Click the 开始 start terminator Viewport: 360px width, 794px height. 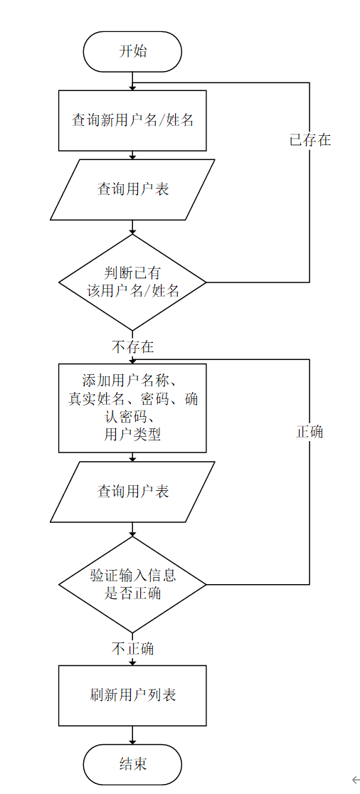[132, 52]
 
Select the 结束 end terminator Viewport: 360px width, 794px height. [132, 764]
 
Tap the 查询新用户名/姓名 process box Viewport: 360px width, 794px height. [132, 120]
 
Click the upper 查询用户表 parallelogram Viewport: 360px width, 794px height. [132, 189]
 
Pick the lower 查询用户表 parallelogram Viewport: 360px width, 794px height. [132, 491]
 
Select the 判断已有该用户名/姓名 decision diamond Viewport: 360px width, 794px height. [132, 282]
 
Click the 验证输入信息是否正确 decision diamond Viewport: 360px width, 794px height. [132, 584]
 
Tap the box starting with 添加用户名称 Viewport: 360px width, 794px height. [132, 408]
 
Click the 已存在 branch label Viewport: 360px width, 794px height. [310, 139]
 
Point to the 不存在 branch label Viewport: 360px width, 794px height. [132, 347]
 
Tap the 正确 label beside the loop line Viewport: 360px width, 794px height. [310, 432]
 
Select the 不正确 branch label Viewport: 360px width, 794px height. [132, 649]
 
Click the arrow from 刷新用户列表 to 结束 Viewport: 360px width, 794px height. [132, 735]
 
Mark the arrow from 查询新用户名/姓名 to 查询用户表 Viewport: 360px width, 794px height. [132, 156]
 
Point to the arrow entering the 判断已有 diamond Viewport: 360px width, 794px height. [132, 227]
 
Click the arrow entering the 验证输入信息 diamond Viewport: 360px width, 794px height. [132, 529]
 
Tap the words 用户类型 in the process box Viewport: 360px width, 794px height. [132, 435]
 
